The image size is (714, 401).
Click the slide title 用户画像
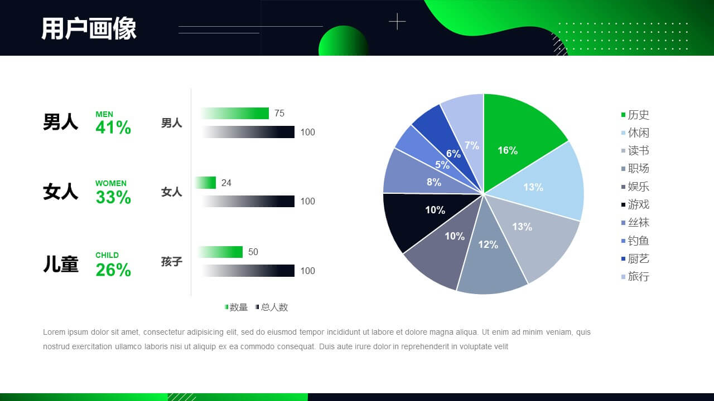[89, 28]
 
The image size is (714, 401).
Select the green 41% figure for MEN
[113, 128]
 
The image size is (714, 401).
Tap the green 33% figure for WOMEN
[113, 197]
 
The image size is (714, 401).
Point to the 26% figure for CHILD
[113, 270]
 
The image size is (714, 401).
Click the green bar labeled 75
[235, 113]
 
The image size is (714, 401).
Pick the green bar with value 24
[206, 183]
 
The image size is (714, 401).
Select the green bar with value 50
[220, 252]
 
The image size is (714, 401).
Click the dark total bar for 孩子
[248, 271]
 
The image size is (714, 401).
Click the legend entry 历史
[635, 115]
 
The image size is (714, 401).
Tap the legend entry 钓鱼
[635, 241]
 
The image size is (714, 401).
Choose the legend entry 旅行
[635, 277]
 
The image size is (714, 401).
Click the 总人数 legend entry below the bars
[272, 307]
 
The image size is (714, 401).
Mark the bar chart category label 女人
[171, 192]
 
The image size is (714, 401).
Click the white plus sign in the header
[397, 22]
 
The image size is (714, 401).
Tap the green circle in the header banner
[343, 41]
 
